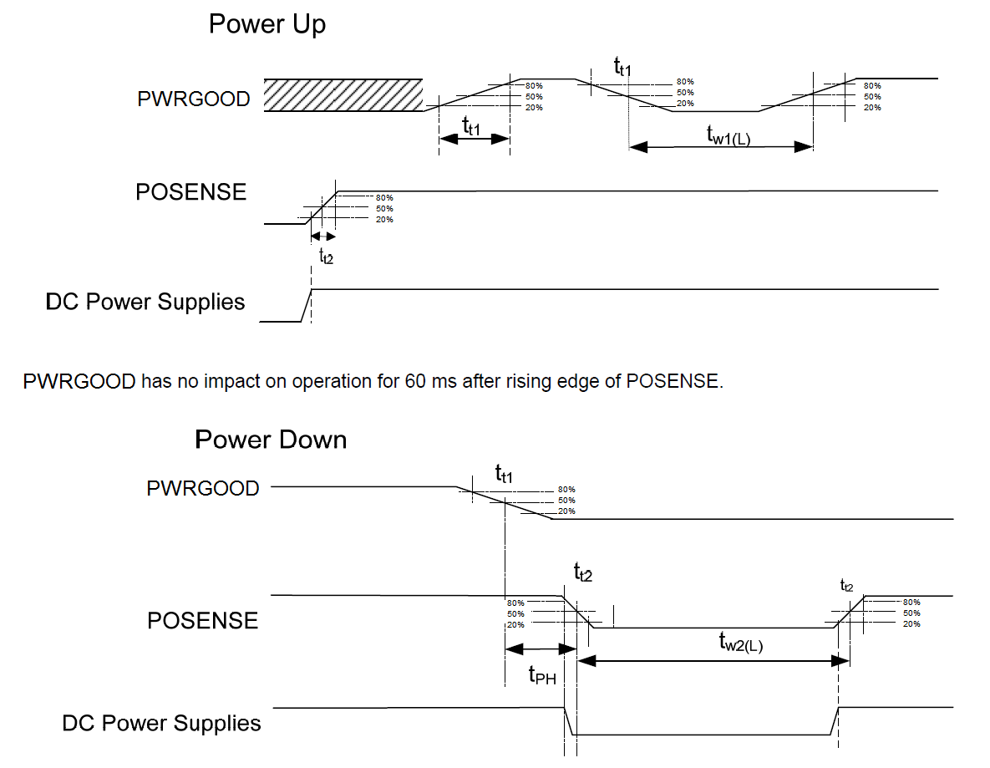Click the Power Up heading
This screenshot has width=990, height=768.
pyautogui.click(x=267, y=24)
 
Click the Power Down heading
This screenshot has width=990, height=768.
pyautogui.click(x=271, y=440)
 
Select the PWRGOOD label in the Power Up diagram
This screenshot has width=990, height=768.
pyautogui.click(x=193, y=99)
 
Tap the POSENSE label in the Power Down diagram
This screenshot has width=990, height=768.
pyautogui.click(x=203, y=621)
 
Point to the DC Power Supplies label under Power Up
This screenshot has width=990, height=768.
pyautogui.click(x=145, y=302)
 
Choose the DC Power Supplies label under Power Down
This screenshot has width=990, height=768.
pyautogui.click(x=161, y=723)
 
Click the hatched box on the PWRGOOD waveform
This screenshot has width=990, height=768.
pyautogui.click(x=343, y=95)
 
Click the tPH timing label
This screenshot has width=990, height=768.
pyautogui.click(x=542, y=674)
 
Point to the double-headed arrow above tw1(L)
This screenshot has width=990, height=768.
pyautogui.click(x=721, y=146)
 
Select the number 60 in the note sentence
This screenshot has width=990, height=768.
pyautogui.click(x=417, y=382)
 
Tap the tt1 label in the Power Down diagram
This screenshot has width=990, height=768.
pyautogui.click(x=504, y=476)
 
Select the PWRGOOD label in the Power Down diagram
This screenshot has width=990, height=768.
pyautogui.click(x=202, y=488)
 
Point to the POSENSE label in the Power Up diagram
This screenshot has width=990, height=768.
pyautogui.click(x=191, y=192)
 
